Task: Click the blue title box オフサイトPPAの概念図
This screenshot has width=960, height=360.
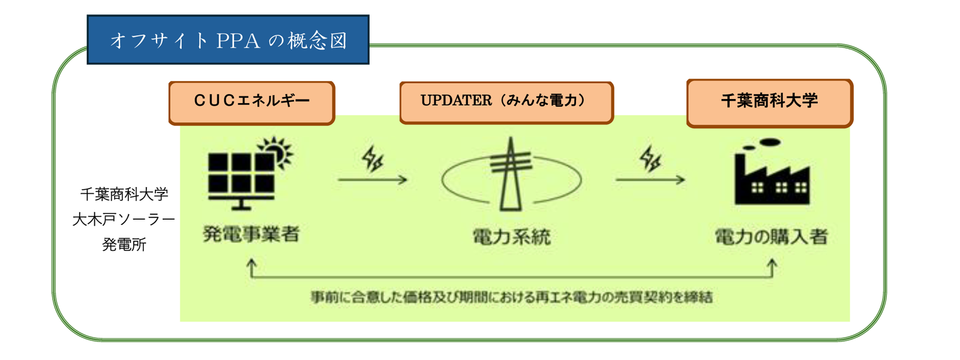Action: pyautogui.click(x=228, y=40)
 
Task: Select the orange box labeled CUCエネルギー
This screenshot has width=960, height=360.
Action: pyautogui.click(x=251, y=103)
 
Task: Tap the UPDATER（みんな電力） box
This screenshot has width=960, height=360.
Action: pyautogui.click(x=506, y=103)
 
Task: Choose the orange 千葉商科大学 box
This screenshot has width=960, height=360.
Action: pyautogui.click(x=770, y=103)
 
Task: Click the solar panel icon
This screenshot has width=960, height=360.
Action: pyautogui.click(x=241, y=181)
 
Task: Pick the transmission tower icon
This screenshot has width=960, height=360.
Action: pyautogui.click(x=511, y=175)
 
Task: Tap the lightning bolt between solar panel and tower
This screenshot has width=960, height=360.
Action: pyautogui.click(x=373, y=158)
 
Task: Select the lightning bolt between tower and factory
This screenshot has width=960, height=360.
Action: pyautogui.click(x=650, y=158)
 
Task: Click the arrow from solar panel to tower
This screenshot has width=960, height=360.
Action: pyautogui.click(x=373, y=179)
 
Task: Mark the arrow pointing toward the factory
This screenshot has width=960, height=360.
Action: pyautogui.click(x=650, y=179)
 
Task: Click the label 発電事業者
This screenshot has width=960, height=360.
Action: pyautogui.click(x=251, y=234)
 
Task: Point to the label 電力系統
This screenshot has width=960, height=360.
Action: pyautogui.click(x=512, y=236)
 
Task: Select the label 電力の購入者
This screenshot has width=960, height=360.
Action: pyautogui.click(x=771, y=236)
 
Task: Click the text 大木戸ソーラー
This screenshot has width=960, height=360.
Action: pyautogui.click(x=124, y=220)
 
